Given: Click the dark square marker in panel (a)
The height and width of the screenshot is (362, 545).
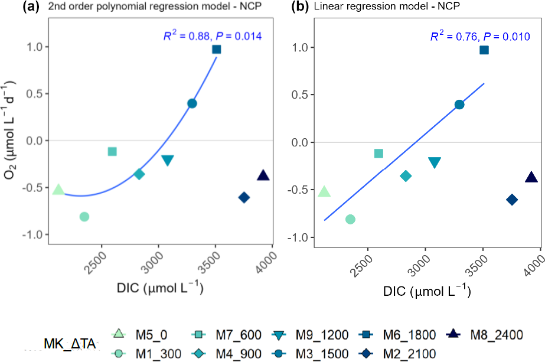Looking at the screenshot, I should (217, 49).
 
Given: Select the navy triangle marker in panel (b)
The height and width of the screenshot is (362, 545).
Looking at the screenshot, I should (531, 177).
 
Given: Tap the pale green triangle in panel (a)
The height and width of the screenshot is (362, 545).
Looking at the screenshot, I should (58, 190).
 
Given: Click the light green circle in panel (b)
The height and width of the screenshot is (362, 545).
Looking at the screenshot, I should (350, 219).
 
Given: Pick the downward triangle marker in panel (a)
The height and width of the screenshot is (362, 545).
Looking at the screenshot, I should (167, 161).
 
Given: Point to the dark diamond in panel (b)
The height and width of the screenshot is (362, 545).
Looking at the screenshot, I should (512, 200).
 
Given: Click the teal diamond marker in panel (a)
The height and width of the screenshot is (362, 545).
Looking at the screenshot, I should (139, 174).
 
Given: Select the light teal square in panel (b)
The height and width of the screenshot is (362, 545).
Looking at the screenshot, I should (378, 154).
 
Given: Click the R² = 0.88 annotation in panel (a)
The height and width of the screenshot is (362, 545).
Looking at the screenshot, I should (212, 36).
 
